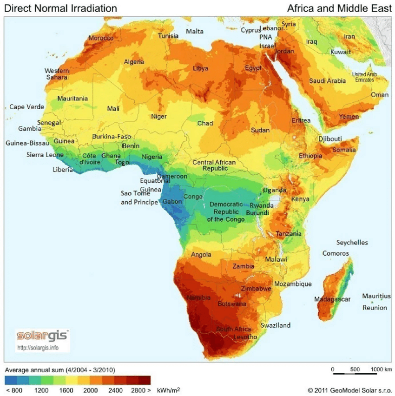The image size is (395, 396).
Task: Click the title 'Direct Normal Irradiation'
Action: [60, 8]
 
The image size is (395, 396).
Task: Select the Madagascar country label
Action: [332, 299]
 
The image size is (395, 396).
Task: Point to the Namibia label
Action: [198, 297]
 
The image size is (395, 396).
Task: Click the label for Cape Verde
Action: [26, 107]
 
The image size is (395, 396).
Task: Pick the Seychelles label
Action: [352, 243]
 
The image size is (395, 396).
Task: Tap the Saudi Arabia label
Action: [328, 81]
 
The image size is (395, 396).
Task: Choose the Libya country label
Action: [200, 69]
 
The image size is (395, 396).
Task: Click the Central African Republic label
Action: [214, 165]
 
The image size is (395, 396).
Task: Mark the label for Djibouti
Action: [330, 139]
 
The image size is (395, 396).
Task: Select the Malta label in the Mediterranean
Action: [195, 32]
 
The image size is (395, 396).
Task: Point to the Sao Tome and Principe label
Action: [139, 198]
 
